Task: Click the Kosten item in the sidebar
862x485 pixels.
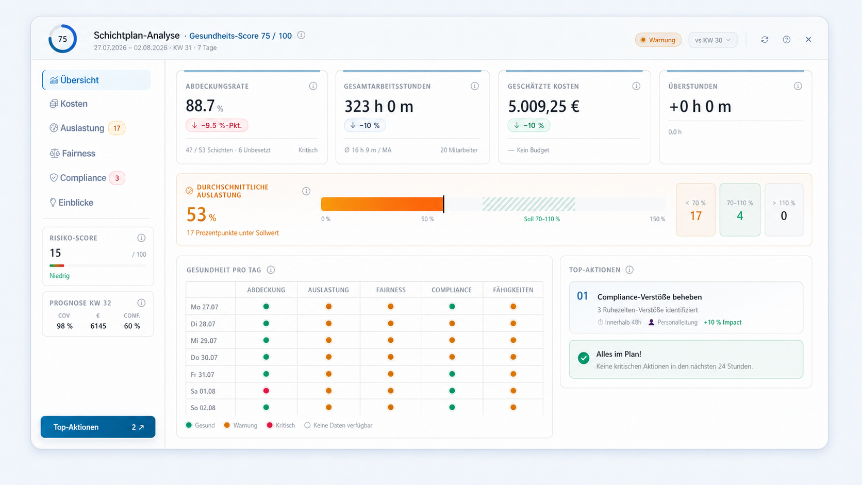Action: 69,104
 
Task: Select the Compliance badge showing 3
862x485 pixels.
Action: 117,178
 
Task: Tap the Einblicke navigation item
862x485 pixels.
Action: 72,203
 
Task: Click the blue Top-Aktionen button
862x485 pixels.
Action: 98,427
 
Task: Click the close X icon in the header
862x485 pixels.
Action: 808,40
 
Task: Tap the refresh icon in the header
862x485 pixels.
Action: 765,40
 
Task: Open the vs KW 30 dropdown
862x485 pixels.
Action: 712,40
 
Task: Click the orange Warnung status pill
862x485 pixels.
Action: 658,40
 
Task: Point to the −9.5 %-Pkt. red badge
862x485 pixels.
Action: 217,125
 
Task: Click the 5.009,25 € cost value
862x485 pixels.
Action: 543,107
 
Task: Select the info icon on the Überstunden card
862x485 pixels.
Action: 798,86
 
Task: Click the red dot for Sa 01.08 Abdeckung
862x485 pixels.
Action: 266,391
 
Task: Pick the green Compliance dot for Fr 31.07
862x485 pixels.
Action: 452,374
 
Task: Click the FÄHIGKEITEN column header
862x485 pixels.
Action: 513,290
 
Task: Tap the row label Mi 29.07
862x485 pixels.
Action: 204,341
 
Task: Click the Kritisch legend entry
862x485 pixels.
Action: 280,425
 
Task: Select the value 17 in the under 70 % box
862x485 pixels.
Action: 695,216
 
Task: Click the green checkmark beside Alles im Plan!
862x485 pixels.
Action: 584,358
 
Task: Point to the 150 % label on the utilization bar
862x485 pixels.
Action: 657,219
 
